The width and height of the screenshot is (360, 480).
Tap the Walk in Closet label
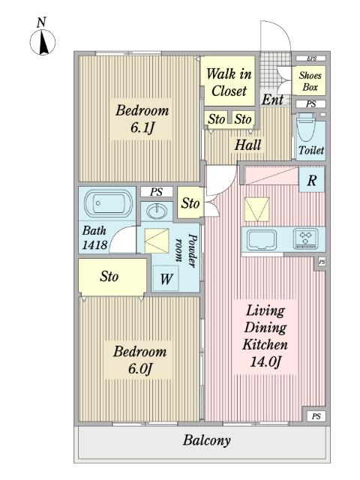229,82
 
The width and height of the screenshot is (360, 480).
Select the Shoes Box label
310,81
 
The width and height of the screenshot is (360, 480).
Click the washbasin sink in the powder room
157,211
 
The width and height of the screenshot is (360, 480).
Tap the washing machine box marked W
166,278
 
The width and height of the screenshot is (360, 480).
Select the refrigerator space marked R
311,180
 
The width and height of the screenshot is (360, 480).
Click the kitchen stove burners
305,238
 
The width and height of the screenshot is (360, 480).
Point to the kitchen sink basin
262,239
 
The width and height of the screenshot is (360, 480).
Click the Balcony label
207,440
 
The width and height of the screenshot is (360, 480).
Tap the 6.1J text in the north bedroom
142,127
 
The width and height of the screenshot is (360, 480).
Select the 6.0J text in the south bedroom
140,368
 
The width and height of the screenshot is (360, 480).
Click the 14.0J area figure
265,361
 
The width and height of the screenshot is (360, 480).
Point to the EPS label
311,58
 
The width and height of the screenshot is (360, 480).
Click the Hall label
247,145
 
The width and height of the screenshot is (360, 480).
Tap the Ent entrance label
272,100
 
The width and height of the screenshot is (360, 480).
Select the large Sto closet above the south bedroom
112,277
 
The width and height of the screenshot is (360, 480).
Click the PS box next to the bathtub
157,192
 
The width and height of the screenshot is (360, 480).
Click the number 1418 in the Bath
95,244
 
